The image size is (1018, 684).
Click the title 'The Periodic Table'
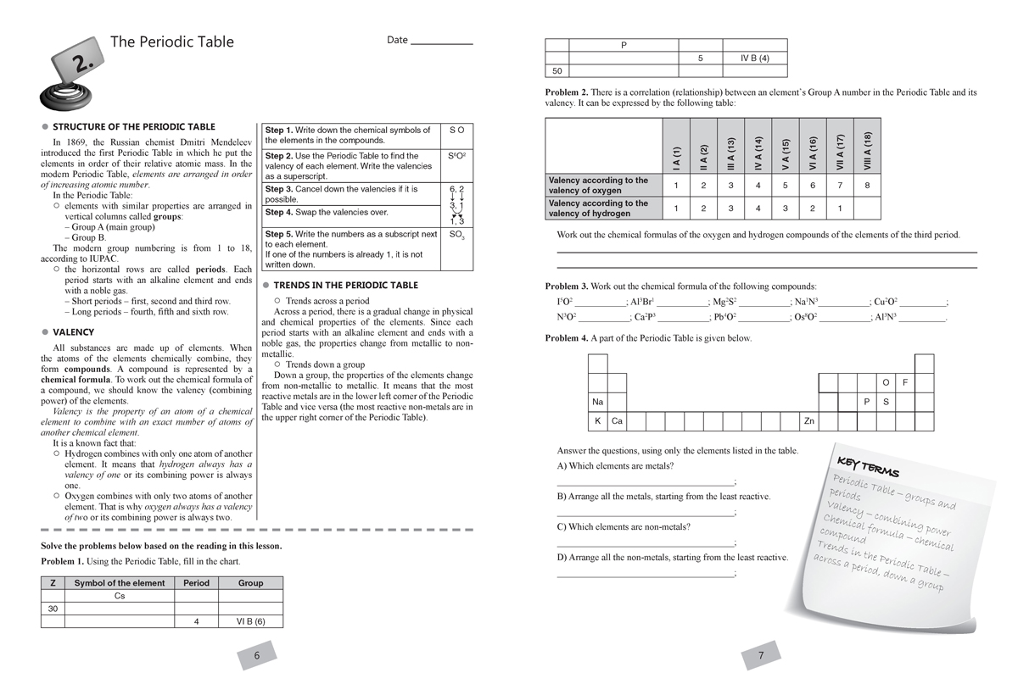click(172, 42)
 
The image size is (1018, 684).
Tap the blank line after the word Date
click(441, 42)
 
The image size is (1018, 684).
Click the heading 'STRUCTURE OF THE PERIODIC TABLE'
click(134, 126)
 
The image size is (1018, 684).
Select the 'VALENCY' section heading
click(74, 332)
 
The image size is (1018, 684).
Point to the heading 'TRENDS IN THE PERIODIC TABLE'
click(345, 286)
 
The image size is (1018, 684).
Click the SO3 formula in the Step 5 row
click(456, 235)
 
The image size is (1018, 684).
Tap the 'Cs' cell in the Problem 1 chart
click(120, 596)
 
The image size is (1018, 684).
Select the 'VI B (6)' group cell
click(250, 621)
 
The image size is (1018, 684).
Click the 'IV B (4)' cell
click(754, 58)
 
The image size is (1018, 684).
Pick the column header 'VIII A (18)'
click(867, 149)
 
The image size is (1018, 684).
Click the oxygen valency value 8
click(867, 185)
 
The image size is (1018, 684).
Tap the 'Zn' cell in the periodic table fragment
click(809, 420)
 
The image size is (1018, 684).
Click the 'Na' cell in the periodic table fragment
click(598, 402)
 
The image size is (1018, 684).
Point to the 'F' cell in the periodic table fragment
click(905, 382)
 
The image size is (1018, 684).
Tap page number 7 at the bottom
click(761, 655)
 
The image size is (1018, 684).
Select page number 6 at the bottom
click(257, 655)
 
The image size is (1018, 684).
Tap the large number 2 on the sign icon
click(79, 63)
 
